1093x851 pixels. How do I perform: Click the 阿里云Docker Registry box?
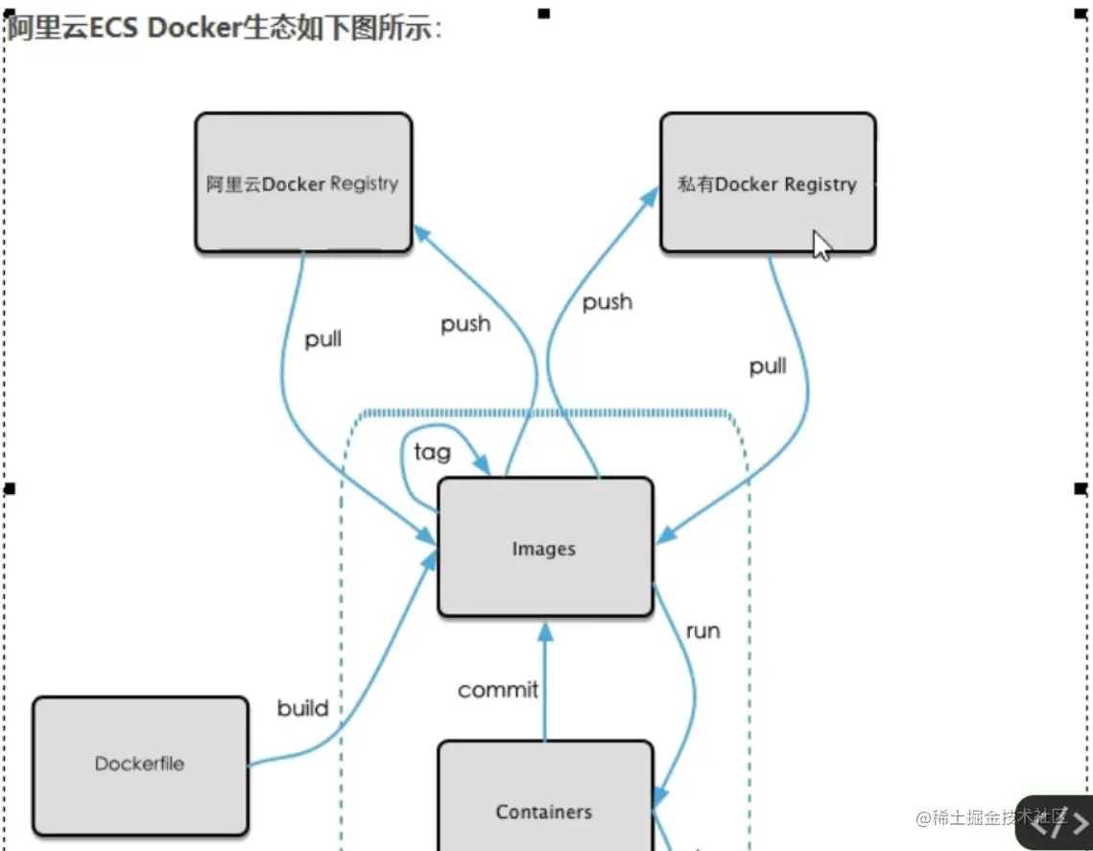[303, 183]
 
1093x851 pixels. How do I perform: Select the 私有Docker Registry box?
[768, 183]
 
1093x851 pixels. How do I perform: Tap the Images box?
[545, 548]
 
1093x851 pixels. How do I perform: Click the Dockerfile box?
[140, 765]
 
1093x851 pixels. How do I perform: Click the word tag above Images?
[432, 452]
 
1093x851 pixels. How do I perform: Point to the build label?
[302, 709]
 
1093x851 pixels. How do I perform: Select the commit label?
[498, 690]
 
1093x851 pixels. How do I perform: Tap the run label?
[702, 631]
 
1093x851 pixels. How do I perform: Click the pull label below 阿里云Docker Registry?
[323, 340]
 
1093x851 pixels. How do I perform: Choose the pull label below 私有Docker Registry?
[768, 366]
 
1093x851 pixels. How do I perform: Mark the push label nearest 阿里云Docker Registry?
[465, 324]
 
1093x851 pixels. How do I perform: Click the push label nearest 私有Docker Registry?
[607, 302]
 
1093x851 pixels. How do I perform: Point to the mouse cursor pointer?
[820, 245]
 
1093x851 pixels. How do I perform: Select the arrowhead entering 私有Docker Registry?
[649, 196]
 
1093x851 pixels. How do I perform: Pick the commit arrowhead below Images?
[545, 630]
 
